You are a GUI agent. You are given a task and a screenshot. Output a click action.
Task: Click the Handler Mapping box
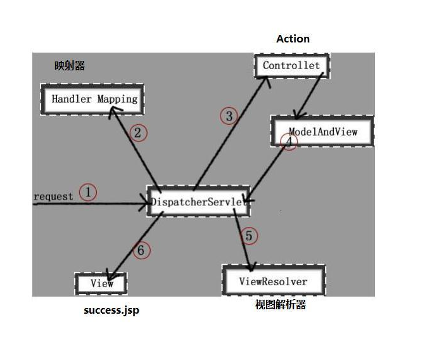pos(92,100)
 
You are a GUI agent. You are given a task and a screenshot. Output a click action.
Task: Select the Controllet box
pos(292,66)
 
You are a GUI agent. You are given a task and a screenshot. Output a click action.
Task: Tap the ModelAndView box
pos(322,131)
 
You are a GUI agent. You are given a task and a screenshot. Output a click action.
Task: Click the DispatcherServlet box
pos(198,201)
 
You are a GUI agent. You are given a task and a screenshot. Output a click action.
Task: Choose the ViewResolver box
pos(274,280)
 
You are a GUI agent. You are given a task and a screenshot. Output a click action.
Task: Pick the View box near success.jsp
pos(101,284)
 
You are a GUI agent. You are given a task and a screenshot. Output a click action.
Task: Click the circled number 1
pos(88,192)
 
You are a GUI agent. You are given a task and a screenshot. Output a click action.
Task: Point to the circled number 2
pos(138,133)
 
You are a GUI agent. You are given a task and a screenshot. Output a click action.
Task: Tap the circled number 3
pos(229,116)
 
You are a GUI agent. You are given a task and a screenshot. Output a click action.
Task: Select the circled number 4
pos(289,142)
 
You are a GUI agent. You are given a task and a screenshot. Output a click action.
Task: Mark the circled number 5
pos(249,236)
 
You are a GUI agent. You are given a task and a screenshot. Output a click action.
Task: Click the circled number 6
pos(142,250)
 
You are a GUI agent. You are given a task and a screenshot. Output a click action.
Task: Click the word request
pos(53,196)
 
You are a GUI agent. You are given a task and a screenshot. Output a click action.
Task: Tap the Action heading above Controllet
pos(293,39)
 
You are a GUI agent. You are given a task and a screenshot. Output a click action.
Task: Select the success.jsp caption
pos(111,311)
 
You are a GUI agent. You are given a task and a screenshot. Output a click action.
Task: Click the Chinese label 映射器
pos(70,66)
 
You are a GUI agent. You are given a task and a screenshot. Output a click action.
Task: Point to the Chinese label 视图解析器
pos(281,305)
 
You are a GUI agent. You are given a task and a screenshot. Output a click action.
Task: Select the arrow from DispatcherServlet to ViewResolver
pos(243,240)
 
